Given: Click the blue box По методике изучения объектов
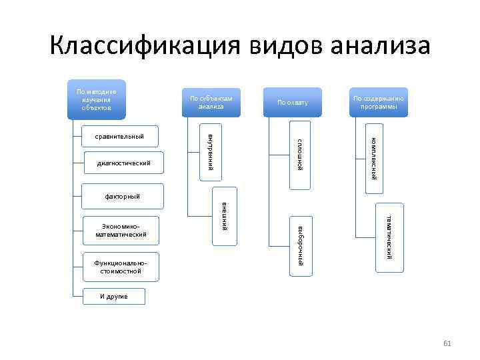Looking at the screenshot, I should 97,100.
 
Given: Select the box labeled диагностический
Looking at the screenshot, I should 123,163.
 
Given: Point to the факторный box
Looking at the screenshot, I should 123,197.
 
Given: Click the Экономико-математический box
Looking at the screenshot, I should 121,230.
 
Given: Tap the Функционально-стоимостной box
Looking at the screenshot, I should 121,267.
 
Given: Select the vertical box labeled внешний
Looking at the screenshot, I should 225,215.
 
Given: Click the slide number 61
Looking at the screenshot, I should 447,343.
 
